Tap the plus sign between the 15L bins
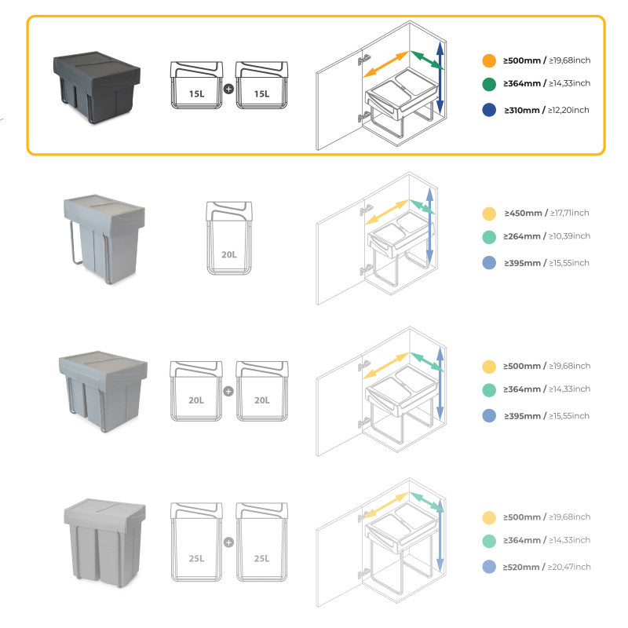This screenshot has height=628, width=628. tap(229, 89)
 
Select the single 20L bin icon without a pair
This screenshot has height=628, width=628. tap(229, 238)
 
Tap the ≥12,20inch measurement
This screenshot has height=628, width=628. tap(568, 110)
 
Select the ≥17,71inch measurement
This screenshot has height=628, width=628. tap(569, 213)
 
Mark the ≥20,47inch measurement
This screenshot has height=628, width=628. tap(569, 567)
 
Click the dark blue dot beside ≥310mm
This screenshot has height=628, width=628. tap(489, 111)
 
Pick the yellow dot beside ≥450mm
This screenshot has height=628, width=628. tap(489, 214)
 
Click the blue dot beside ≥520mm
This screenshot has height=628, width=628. tap(489, 567)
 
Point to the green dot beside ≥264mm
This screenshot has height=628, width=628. tap(489, 237)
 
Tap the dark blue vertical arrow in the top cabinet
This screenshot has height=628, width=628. tap(440, 78)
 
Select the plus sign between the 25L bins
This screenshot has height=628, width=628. tap(229, 542)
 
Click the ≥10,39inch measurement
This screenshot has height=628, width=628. tap(569, 236)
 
